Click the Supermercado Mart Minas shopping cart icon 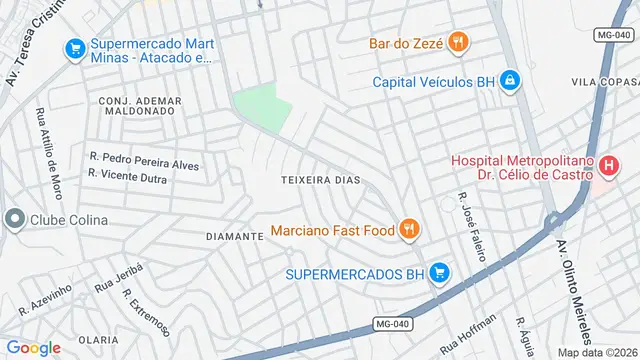click(x=74, y=47)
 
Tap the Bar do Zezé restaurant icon click(x=459, y=42)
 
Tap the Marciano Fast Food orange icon click(x=409, y=231)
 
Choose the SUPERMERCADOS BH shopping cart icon click(x=438, y=272)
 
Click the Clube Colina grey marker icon click(x=14, y=219)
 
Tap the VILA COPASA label click(x=604, y=81)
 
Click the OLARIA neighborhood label click(x=98, y=340)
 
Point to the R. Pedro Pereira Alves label click(x=144, y=161)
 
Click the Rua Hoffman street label click(x=467, y=334)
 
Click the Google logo click(x=33, y=347)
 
